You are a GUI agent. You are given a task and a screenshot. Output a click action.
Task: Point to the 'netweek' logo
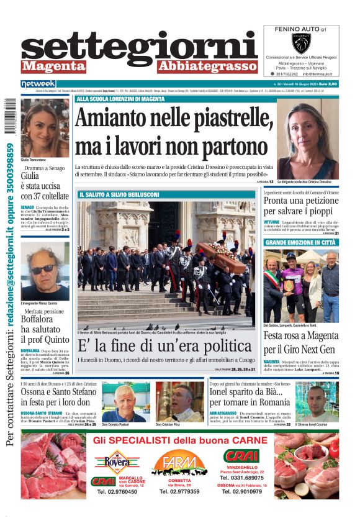pyautogui.click(x=38, y=83)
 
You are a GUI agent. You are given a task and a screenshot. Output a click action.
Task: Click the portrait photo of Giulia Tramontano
pyautogui.click(x=45, y=127)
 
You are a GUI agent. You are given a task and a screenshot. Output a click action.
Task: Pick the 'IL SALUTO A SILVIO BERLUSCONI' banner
pyautogui.click(x=119, y=194)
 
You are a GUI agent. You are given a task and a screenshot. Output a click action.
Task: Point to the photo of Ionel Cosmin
pyautogui.click(x=322, y=402)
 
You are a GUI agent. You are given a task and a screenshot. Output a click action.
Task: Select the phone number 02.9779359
pyautogui.click(x=179, y=491)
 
